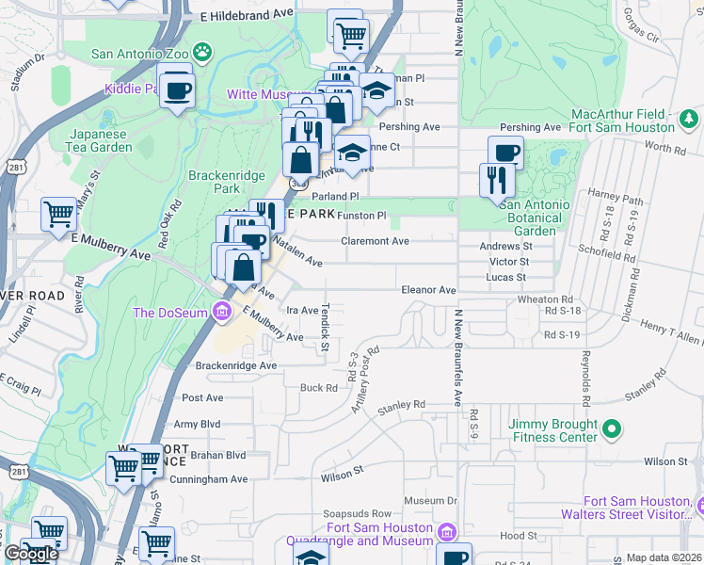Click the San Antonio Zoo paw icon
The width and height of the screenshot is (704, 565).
point(202,51)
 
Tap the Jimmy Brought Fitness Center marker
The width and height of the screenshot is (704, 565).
point(613,429)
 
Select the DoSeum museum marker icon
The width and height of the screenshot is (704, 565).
point(222,310)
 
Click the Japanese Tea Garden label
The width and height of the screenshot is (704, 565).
point(99,140)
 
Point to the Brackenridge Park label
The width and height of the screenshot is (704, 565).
point(224,175)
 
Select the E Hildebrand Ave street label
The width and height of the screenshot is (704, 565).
point(248,16)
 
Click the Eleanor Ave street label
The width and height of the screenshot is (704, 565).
point(428,291)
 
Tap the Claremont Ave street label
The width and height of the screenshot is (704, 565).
point(375,241)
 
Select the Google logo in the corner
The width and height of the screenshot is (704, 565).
point(31,554)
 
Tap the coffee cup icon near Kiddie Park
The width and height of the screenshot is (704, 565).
point(176,91)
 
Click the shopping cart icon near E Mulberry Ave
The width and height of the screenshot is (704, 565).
point(58,214)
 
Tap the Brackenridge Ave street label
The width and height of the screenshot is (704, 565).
point(235,365)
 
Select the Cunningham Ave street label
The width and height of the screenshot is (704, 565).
point(208,479)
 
